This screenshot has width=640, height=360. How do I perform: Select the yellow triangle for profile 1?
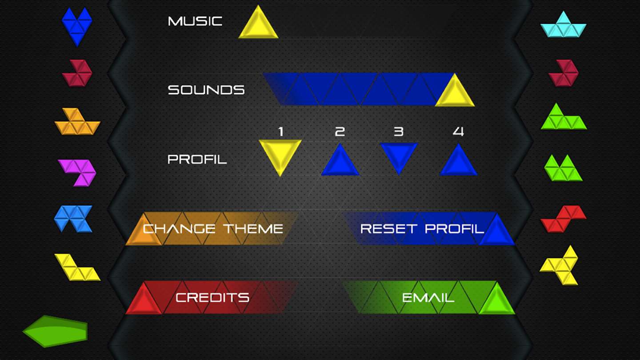280,155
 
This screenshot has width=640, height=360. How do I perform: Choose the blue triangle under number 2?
340,162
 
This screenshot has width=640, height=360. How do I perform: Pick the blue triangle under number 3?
399,156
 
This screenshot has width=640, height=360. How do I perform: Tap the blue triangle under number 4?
458,162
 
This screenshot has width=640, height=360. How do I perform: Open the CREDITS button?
212,298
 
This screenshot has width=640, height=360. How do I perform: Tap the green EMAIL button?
428,298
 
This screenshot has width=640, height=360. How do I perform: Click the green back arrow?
55,332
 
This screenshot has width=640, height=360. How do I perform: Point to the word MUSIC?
195,21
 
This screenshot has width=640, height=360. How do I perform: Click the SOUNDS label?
206,90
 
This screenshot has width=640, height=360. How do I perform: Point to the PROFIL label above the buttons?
197,159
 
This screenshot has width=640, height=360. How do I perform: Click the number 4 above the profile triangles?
458,132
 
